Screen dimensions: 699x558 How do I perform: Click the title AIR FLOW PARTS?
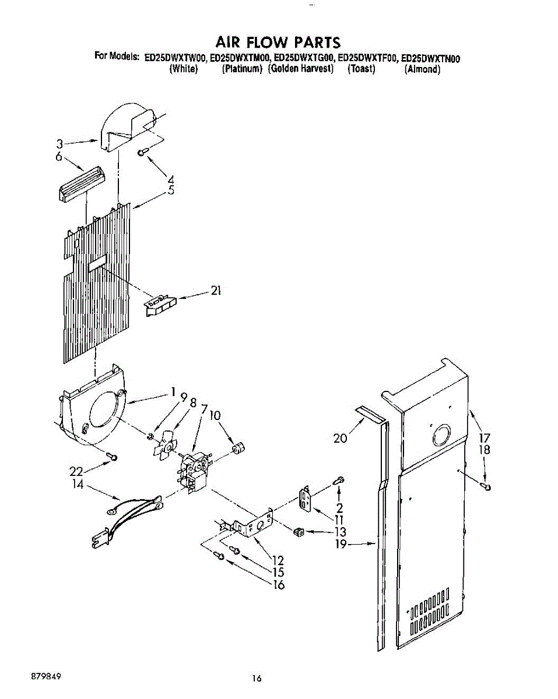[278, 43]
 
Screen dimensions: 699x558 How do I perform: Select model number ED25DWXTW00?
[176, 58]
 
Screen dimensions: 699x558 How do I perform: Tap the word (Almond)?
[422, 69]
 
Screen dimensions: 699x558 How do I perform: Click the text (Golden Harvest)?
[301, 69]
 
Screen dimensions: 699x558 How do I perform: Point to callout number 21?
[216, 291]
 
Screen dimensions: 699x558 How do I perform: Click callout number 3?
[59, 143]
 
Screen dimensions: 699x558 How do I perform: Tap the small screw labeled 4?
[142, 153]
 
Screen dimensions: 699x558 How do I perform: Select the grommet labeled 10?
[238, 449]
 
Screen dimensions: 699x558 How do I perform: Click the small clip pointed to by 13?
[298, 531]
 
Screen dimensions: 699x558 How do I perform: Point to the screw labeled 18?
[486, 485]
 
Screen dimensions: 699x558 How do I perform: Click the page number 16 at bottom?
[257, 679]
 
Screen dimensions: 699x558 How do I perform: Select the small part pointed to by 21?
[160, 303]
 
